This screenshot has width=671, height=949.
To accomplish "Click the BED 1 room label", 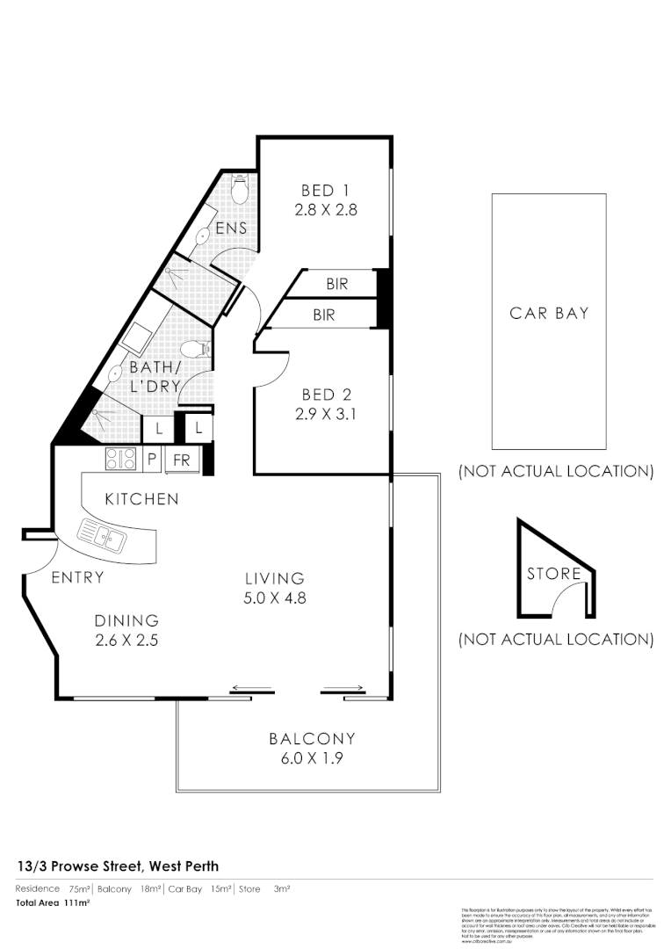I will pyautogui.click(x=318, y=191).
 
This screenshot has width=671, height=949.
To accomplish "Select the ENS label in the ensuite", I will pyautogui.click(x=231, y=228).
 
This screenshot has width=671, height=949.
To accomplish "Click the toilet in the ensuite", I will pyautogui.click(x=240, y=188).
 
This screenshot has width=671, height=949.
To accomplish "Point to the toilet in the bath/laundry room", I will pyautogui.click(x=203, y=349).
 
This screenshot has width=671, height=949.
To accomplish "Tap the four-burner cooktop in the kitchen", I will pyautogui.click(x=120, y=459).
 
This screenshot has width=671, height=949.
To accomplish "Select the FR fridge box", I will pyautogui.click(x=181, y=460).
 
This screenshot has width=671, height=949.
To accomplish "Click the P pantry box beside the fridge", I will pyautogui.click(x=152, y=460).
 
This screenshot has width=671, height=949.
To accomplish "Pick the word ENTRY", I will pyautogui.click(x=77, y=577).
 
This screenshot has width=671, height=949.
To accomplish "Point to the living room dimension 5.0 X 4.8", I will pyautogui.click(x=274, y=598).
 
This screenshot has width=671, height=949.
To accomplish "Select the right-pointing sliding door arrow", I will pyautogui.click(x=345, y=688).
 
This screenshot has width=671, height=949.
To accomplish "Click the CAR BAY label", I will pyautogui.click(x=549, y=313).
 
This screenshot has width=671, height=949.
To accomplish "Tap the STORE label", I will pyautogui.click(x=553, y=574).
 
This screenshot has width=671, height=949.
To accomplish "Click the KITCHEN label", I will pyautogui.click(x=141, y=499).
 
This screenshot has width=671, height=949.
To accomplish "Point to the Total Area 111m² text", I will pyautogui.click(x=54, y=902).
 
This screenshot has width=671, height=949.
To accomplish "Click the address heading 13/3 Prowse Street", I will pyautogui.click(x=118, y=866).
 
